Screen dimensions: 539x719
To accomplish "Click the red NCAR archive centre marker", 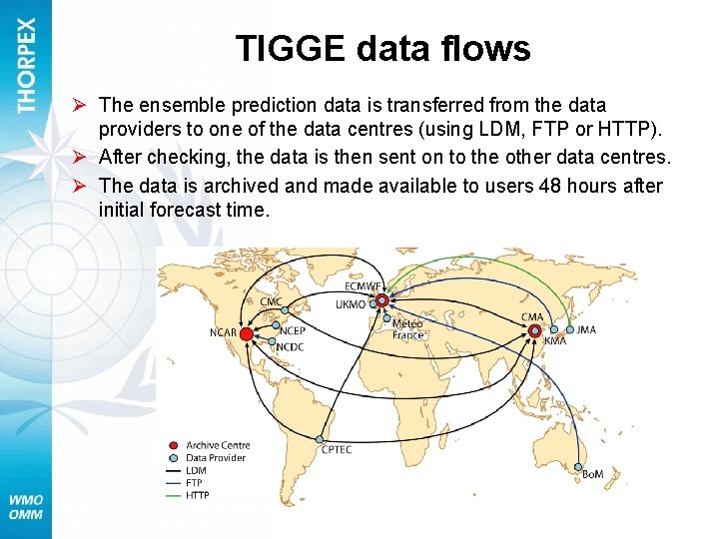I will pos(246,333).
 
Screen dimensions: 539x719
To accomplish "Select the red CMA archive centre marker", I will pos(535,330).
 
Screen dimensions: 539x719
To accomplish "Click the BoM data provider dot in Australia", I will pos(580,467).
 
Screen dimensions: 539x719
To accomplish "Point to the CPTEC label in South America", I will pos(336,450).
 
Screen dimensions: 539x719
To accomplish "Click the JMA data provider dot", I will pos(570,329).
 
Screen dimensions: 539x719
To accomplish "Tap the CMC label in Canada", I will pos(271,302).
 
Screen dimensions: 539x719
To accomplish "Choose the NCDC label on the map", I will pos(290,346).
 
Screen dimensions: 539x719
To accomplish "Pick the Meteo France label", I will pos(407,329).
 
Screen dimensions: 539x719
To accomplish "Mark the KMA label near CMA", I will pos(555,341).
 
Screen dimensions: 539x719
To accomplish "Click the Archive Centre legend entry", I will pos(217,445).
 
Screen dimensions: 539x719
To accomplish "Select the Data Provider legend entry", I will pos(216,458).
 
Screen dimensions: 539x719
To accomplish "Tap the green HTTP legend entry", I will pos(197,496).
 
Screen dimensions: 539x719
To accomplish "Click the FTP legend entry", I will pos(195,483).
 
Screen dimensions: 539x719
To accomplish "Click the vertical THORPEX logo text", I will pos(26,66).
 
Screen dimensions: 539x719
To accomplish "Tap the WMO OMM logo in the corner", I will pos(26,507).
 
